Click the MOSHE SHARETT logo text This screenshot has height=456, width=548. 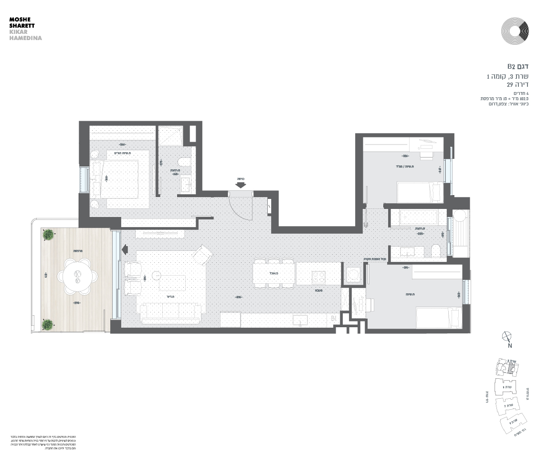(22, 22)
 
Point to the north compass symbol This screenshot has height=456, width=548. (507, 337)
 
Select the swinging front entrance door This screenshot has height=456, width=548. (241, 207)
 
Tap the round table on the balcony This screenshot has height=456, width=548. (77, 277)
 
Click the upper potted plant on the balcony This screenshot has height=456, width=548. (48, 234)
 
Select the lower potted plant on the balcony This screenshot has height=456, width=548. (47, 324)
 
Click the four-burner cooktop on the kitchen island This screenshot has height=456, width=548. (318, 276)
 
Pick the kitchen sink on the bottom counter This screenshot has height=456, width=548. (300, 321)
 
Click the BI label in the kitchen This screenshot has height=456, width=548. (333, 319)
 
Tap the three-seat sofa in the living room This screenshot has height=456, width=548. (171, 313)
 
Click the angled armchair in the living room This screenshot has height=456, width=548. (202, 255)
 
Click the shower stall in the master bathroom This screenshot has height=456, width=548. (170, 135)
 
